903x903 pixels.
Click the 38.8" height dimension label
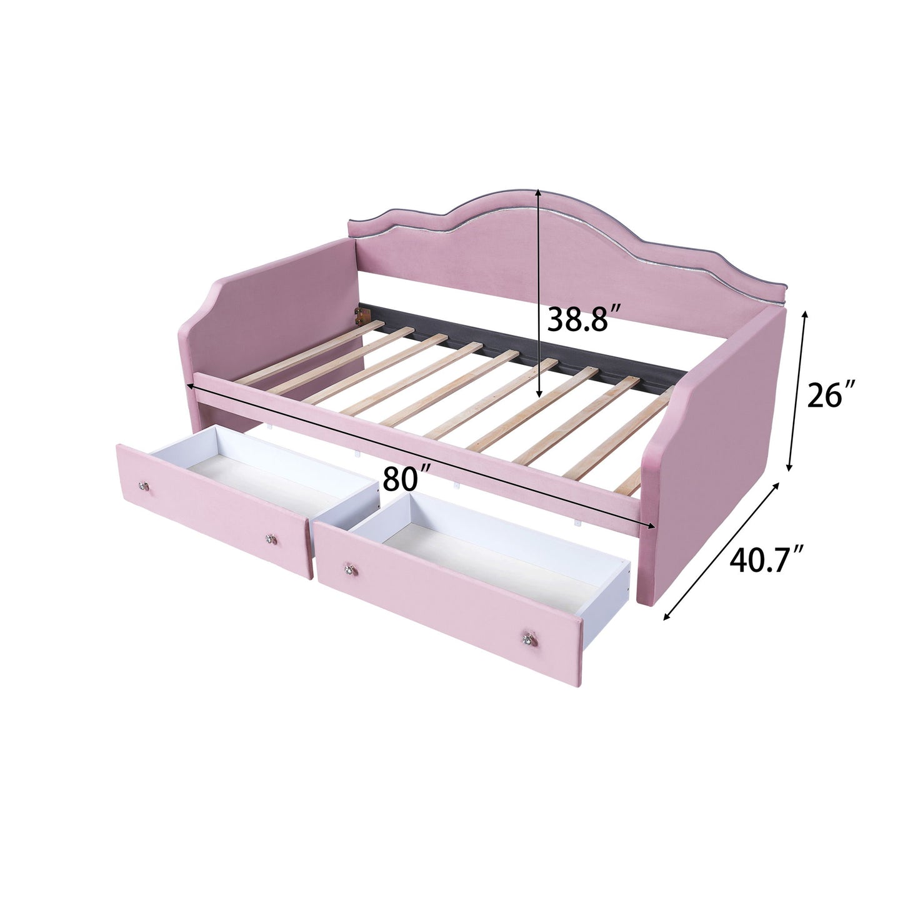pyautogui.click(x=577, y=320)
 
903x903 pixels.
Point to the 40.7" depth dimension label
pyautogui.click(x=767, y=559)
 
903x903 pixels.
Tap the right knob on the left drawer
pyautogui.click(x=271, y=538)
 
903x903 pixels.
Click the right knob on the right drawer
pyautogui.click(x=526, y=638)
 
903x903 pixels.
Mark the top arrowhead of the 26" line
pyautogui.click(x=805, y=314)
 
